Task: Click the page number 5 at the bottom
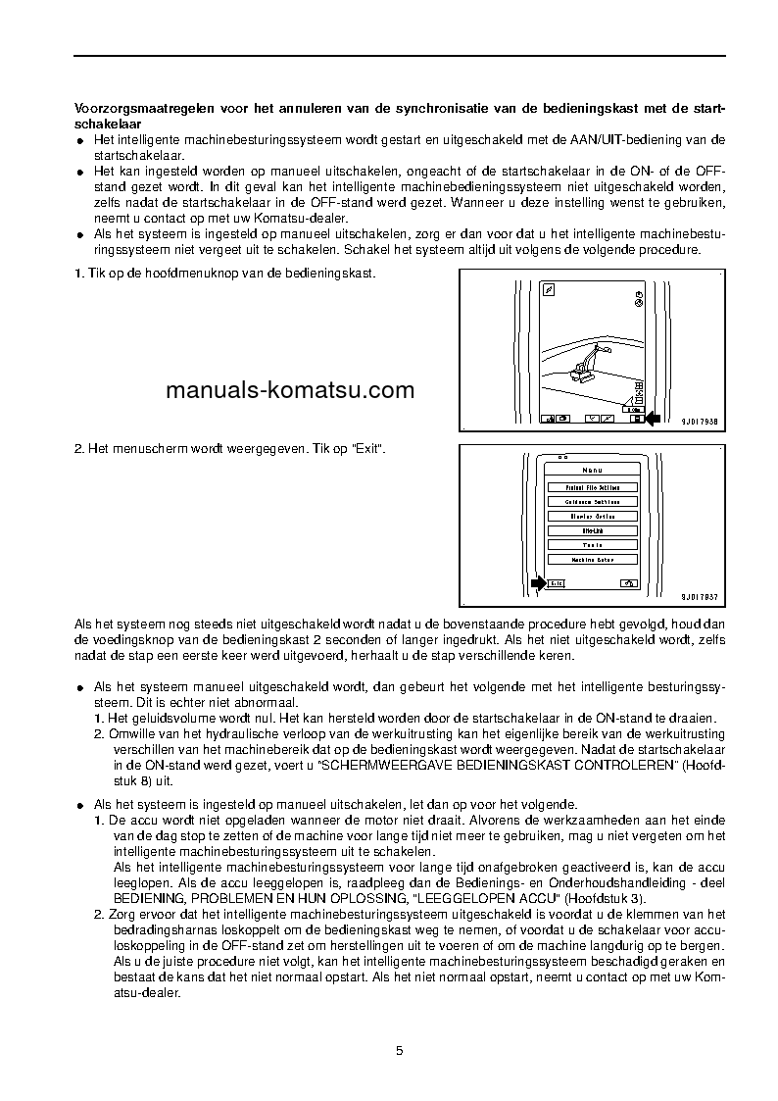pyautogui.click(x=399, y=1051)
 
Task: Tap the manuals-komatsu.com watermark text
pyautogui.click(x=290, y=390)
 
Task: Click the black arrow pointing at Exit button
pyautogui.click(x=537, y=583)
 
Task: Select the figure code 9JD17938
pyautogui.click(x=699, y=422)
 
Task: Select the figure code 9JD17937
pyautogui.click(x=699, y=596)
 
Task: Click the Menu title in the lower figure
pyautogui.click(x=592, y=471)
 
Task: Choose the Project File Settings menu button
pyautogui.click(x=592, y=487)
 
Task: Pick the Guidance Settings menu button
pyautogui.click(x=592, y=502)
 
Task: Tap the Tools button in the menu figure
pyautogui.click(x=592, y=545)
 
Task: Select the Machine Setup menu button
pyautogui.click(x=592, y=560)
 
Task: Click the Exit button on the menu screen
pyautogui.click(x=556, y=583)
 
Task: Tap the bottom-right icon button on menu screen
pyautogui.click(x=628, y=583)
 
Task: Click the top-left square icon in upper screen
pyautogui.click(x=550, y=290)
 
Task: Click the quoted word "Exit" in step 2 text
pyautogui.click(x=367, y=448)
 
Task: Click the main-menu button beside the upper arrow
pyautogui.click(x=635, y=419)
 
